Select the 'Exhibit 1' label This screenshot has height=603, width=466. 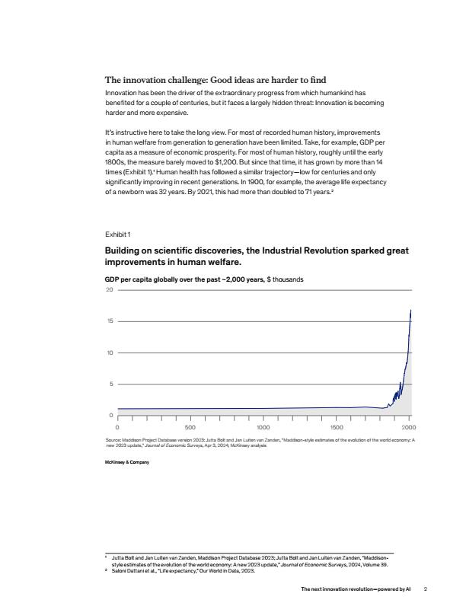coord(117,234)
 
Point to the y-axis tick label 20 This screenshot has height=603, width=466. coord(109,290)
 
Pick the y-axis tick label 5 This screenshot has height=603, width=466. coord(110,384)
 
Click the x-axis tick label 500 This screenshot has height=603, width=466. coord(191,428)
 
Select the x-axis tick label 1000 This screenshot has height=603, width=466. coord(263,428)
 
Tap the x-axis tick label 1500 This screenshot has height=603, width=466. coord(337,428)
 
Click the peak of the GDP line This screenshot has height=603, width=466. coord(411,310)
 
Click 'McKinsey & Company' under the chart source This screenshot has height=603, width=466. coord(126,463)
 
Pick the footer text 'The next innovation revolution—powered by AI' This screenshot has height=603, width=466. coord(356,589)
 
